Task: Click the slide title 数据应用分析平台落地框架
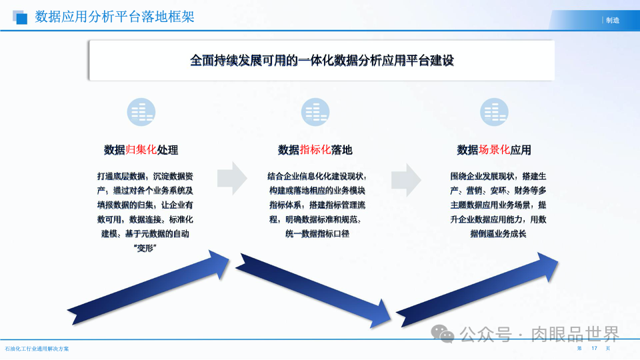[114, 17]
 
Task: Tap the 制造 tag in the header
[612, 20]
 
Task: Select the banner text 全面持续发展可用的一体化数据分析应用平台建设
[321, 61]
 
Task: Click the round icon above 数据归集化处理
[141, 112]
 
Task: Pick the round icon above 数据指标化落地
[315, 112]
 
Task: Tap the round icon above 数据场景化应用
[494, 112]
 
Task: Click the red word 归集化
[141, 150]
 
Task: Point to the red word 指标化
[315, 150]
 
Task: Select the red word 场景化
[494, 150]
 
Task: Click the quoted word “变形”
[145, 249]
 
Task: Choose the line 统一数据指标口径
[315, 234]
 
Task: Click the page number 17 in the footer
[593, 349]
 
